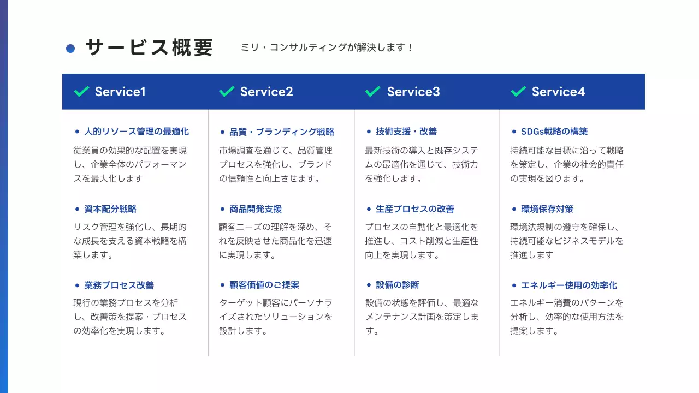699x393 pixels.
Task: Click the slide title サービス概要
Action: click(x=149, y=48)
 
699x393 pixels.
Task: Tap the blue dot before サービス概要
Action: click(x=70, y=49)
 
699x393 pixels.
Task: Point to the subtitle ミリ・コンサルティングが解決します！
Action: click(x=327, y=48)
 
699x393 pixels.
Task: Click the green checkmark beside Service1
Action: click(x=81, y=91)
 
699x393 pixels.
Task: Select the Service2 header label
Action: click(x=266, y=92)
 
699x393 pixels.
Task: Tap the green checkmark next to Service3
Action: click(x=372, y=91)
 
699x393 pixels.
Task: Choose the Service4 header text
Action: click(x=558, y=92)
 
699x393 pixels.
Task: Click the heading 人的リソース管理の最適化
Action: click(x=137, y=132)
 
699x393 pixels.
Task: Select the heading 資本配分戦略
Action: click(x=110, y=209)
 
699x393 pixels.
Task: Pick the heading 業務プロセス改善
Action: click(x=119, y=285)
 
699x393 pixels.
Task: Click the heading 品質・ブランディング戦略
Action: click(x=282, y=132)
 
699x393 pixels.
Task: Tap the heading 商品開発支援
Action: click(x=256, y=209)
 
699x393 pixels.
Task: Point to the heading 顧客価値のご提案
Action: click(x=264, y=285)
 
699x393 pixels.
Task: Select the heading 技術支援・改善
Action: click(x=406, y=132)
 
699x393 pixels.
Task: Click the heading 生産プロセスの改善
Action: click(x=415, y=209)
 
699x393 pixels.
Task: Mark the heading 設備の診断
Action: click(x=398, y=285)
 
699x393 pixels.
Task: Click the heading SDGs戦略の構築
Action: click(x=554, y=132)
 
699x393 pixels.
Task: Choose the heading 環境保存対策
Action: click(x=547, y=209)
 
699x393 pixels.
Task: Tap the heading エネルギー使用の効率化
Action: click(x=569, y=285)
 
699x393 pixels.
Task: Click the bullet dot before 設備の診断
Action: click(x=369, y=285)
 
